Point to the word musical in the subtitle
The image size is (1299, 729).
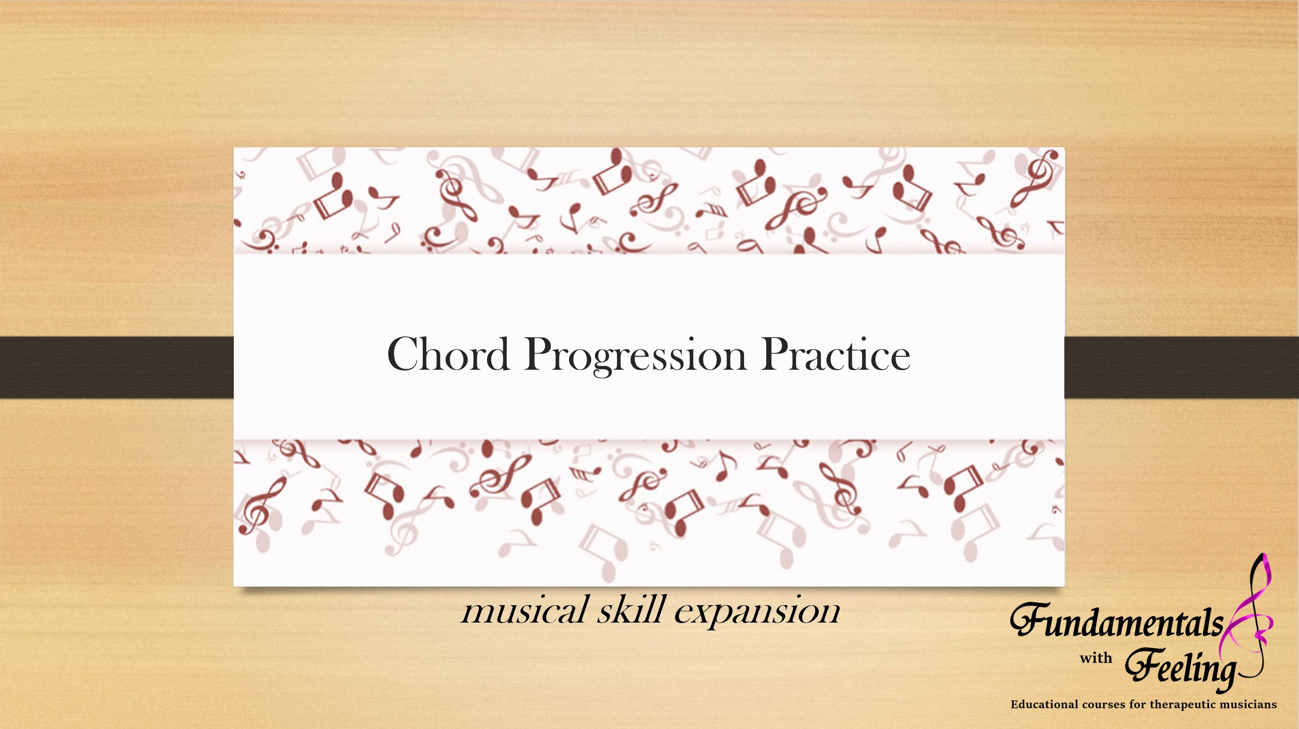[525, 610]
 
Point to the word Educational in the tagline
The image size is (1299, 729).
[1043, 704]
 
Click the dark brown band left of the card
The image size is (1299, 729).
[116, 368]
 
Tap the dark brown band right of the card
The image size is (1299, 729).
[1182, 368]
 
